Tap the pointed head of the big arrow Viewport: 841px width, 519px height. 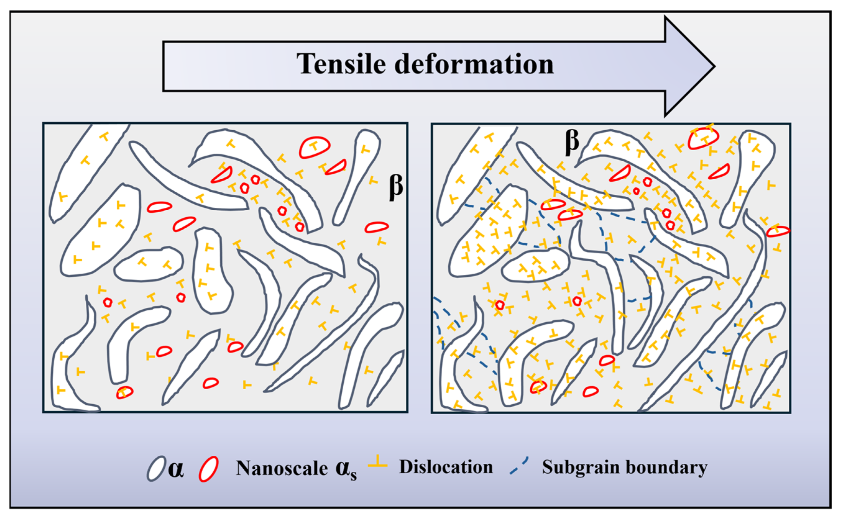tap(714, 66)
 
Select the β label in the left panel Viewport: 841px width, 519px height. tap(396, 187)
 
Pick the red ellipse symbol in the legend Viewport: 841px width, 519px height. tap(209, 469)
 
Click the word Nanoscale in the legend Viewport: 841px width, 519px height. tap(282, 468)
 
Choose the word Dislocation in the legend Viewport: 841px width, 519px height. tap(446, 467)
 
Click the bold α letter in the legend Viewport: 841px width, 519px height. tap(176, 469)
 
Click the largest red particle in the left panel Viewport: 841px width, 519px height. tap(314, 147)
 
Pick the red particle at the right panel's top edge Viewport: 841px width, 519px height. tap(704, 138)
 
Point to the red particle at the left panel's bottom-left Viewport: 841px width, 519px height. tap(125, 392)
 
